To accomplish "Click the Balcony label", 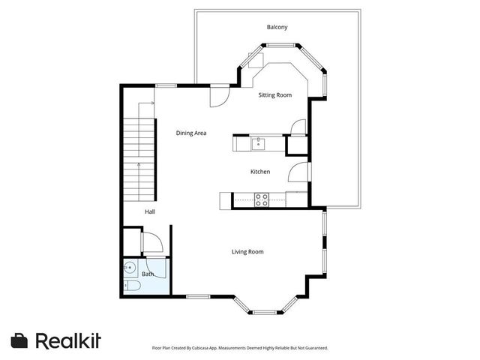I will pos(277,28).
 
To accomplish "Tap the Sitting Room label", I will pos(274,95).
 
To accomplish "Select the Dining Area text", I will pos(191,133).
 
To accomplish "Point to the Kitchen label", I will pos(259,172).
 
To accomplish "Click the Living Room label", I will pos(247,251).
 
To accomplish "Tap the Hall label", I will pos(150,212).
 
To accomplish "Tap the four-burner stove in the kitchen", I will pos(262,199).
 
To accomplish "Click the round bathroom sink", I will pos(130,267).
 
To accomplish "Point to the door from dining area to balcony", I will pos(218,95).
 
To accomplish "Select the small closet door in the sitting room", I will pos(298,127).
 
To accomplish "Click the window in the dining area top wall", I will pos(166,85).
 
